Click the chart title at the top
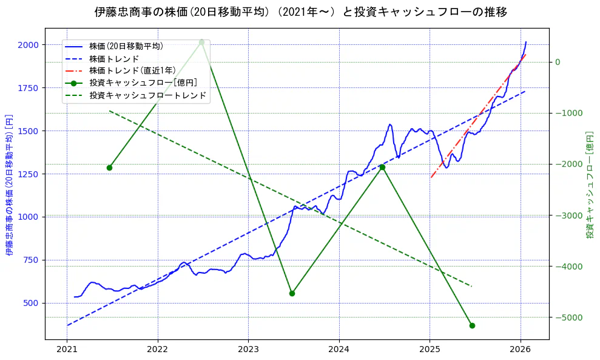pos(300,12)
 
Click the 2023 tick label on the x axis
pos(248,349)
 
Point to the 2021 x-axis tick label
pos(67,349)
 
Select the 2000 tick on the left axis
pos(29,45)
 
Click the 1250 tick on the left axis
pos(29,174)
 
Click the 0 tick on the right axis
pos(558,62)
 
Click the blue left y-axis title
pos(10,185)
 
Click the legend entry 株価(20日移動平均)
pos(126,46)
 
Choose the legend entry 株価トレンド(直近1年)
pos(132,70)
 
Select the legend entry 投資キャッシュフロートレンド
pos(147,95)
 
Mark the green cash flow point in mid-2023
pos(292,293)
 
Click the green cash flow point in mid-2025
pos(472,325)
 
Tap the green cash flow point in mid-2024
pos(382,167)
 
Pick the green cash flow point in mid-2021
pos(109,168)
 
